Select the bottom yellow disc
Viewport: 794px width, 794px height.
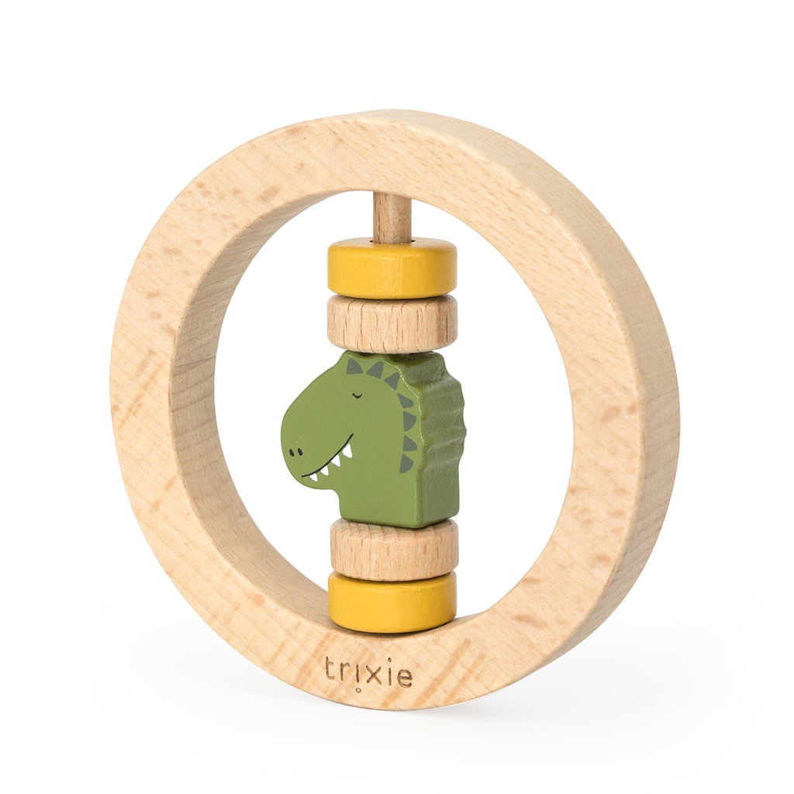click(392, 604)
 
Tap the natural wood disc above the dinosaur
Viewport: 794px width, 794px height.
click(392, 323)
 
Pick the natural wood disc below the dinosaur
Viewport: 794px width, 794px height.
click(393, 550)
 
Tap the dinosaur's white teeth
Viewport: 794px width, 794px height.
click(330, 463)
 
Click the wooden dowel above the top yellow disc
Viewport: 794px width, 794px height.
click(392, 216)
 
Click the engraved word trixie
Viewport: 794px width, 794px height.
click(368, 671)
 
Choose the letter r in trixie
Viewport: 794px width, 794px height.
click(346, 671)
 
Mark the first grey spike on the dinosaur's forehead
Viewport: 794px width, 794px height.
click(354, 366)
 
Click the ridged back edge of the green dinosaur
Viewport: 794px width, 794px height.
click(453, 434)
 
